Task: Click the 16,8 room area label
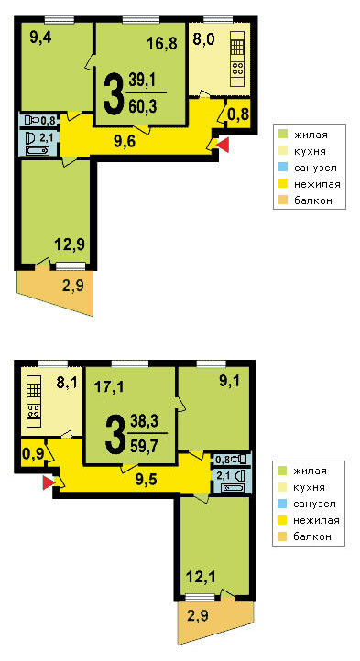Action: [161, 43]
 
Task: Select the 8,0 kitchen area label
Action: [204, 39]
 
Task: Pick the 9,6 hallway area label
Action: [125, 142]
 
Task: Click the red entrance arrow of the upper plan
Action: [223, 145]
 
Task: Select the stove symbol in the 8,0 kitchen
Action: [237, 69]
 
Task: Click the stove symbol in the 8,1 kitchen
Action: [34, 411]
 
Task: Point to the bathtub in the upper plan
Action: [38, 151]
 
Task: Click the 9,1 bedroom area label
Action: [230, 381]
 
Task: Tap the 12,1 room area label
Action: [201, 576]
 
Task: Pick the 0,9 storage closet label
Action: [31, 455]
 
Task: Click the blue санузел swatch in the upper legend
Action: [285, 168]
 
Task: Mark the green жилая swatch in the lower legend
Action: [284, 471]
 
